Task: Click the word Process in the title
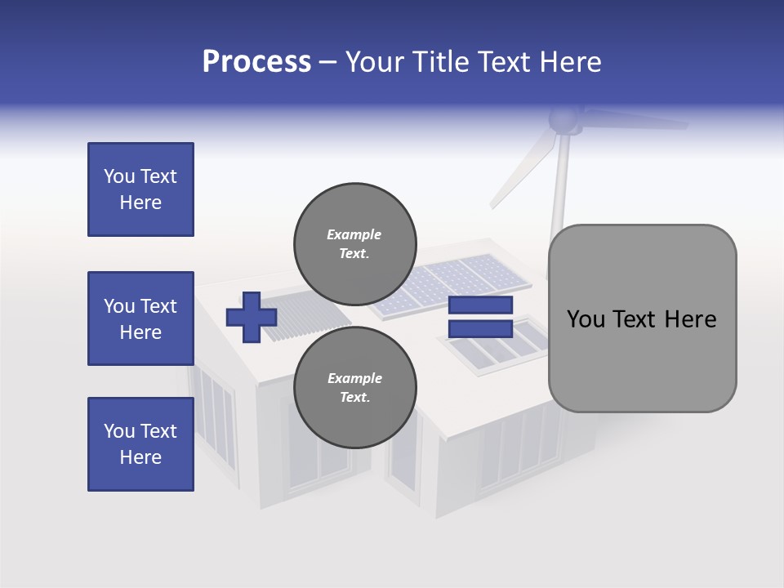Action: [x=256, y=62]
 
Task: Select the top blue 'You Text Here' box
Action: [x=140, y=189]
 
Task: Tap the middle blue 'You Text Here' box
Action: [x=140, y=318]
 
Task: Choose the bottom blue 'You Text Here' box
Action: [x=140, y=444]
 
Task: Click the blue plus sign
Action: [x=252, y=317]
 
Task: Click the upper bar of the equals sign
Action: [x=480, y=305]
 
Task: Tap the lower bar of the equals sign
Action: [x=480, y=329]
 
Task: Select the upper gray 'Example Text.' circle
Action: [x=354, y=243]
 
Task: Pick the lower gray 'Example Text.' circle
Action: [x=354, y=387]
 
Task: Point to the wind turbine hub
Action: [x=563, y=121]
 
